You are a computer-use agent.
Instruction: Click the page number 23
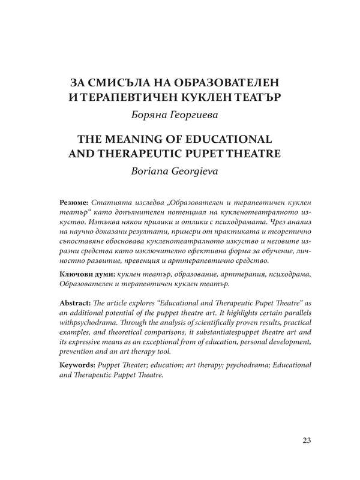click(x=304, y=442)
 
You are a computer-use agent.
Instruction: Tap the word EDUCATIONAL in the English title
click(x=235, y=138)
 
